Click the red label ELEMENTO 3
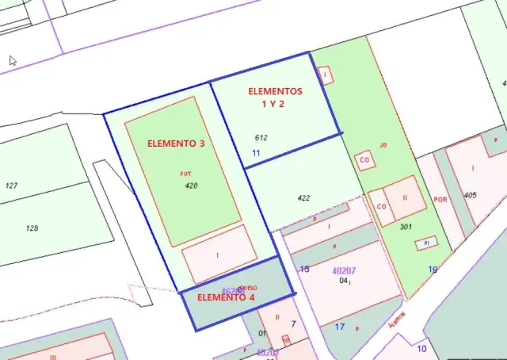[176, 144]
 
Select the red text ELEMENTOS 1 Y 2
[275, 97]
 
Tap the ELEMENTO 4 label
[225, 297]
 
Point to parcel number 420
[191, 186]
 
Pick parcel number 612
[261, 137]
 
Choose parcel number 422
[303, 198]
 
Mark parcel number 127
[11, 186]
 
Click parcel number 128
[32, 228]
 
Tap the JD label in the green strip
[383, 145]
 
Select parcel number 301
[406, 227]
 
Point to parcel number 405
[471, 195]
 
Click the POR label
[441, 200]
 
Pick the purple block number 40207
[343, 270]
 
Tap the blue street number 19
[433, 270]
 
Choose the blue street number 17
[340, 326]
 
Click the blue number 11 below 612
[256, 152]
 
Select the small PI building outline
[426, 242]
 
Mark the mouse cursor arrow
[13, 59]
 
